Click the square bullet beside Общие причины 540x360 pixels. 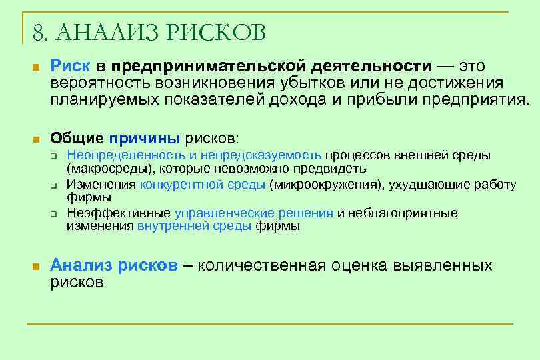tap(37, 139)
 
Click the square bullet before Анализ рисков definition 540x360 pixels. tap(37, 267)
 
